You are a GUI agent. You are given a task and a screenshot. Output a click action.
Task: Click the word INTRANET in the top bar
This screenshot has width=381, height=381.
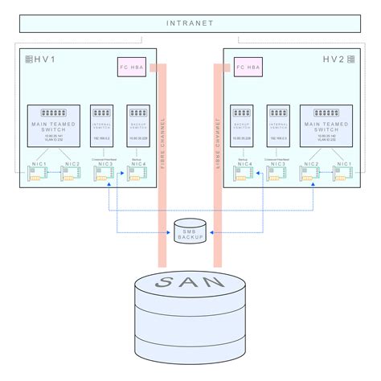pos(190,23)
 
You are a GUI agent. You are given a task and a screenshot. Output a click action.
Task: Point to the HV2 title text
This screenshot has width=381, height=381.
pos(335,60)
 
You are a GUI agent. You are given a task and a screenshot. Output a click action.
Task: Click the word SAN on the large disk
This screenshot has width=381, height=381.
pos(190,284)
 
